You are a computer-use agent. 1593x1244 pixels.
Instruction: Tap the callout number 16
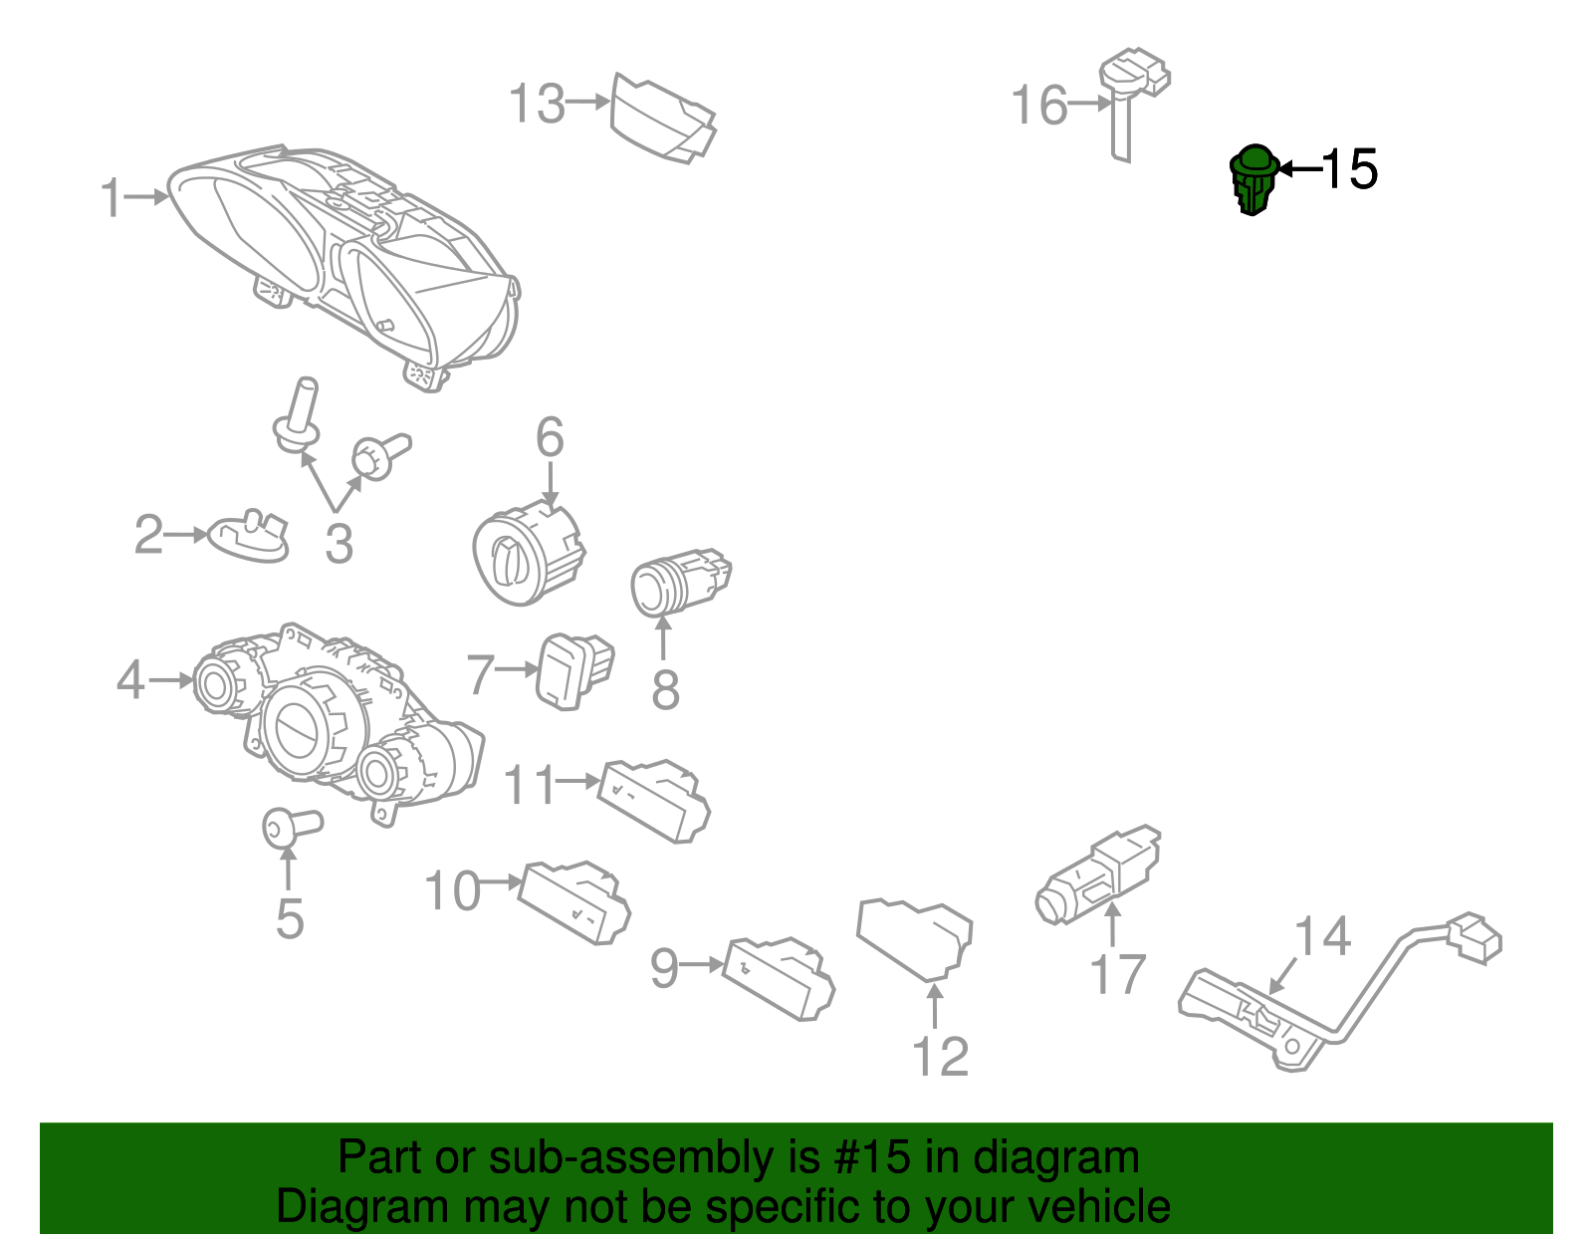pos(1038,105)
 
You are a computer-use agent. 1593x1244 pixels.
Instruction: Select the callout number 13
pos(537,103)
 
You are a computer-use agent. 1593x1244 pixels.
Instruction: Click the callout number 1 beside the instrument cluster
pos(112,197)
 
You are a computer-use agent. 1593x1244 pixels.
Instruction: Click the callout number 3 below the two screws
pos(339,544)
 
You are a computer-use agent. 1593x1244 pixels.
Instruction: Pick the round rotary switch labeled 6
pos(528,551)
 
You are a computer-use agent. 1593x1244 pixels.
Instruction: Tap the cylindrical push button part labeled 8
pos(680,582)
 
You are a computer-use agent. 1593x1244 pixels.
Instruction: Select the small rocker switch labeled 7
pos(573,670)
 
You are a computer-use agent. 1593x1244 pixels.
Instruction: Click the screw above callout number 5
pos(292,828)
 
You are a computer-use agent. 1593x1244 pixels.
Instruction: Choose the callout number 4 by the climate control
pos(129,680)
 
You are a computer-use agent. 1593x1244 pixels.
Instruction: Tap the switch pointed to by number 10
pos(574,902)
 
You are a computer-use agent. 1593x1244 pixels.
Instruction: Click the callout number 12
pos(940,1057)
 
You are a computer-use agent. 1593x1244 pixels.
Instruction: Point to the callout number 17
pos(1118,974)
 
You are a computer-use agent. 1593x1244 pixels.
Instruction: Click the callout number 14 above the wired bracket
pos(1322,936)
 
